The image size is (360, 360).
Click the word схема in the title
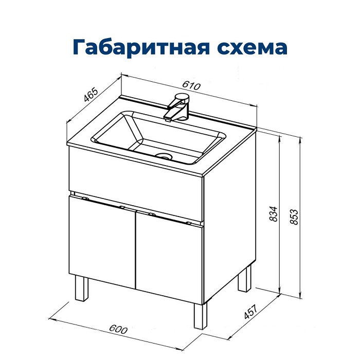(x=251, y=48)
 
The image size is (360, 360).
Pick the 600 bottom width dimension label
(x=119, y=329)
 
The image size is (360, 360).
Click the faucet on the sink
(x=177, y=107)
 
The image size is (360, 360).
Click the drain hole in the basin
(x=164, y=155)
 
